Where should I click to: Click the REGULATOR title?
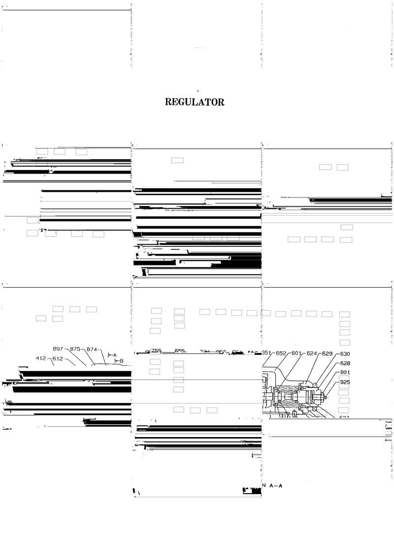[195, 102]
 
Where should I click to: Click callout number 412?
[41, 358]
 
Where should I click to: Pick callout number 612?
[57, 358]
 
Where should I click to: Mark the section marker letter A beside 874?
[114, 354]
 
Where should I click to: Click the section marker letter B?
[121, 361]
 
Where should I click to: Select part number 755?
[156, 351]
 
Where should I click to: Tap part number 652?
[281, 353]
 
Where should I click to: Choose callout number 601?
[296, 353]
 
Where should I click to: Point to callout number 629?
[328, 353]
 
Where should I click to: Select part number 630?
[345, 354]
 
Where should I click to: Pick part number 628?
[345, 363]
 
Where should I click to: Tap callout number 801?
[345, 372]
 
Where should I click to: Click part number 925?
[345, 382]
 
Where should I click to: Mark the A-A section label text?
[275, 486]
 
